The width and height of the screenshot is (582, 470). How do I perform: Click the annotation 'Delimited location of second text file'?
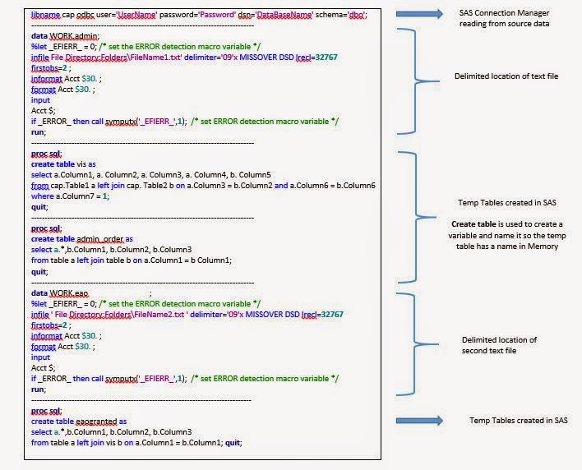(x=499, y=345)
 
